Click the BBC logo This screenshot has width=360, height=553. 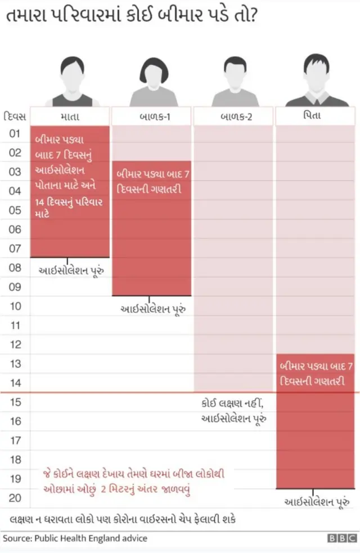pyautogui.click(x=342, y=538)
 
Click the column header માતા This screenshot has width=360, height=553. pyautogui.click(x=69, y=116)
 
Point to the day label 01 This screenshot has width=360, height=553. pyautogui.click(x=15, y=134)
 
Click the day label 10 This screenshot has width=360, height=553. pyautogui.click(x=15, y=307)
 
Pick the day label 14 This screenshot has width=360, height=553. pyautogui.click(x=15, y=383)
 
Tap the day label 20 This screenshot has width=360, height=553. pyautogui.click(x=15, y=498)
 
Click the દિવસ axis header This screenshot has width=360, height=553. pyautogui.click(x=15, y=116)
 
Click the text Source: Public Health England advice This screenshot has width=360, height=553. pyautogui.click(x=75, y=538)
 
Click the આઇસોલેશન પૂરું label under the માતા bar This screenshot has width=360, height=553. pyautogui.click(x=71, y=271)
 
